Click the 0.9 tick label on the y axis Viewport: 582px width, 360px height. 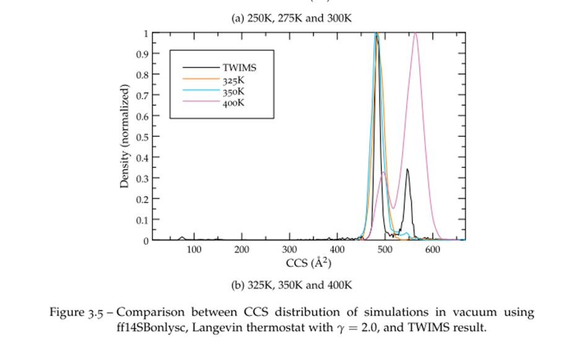(x=142, y=54)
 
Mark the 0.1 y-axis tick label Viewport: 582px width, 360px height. (x=142, y=220)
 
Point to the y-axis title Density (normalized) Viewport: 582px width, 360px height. (x=125, y=136)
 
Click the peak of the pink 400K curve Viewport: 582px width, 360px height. (x=415, y=33)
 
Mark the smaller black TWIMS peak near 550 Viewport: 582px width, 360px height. (x=407, y=169)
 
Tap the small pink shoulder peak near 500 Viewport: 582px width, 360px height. (x=384, y=172)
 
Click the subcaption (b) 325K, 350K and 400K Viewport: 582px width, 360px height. (x=291, y=286)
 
